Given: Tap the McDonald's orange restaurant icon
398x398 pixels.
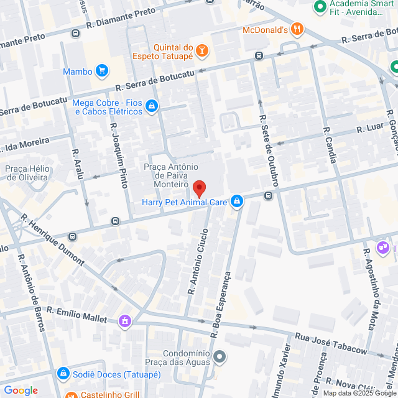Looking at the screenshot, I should click(x=298, y=29).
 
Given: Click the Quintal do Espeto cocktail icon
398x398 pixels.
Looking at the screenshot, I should click(x=202, y=51).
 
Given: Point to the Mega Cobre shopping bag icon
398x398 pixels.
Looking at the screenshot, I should click(x=150, y=108).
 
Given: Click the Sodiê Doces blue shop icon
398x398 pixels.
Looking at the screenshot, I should click(x=63, y=374).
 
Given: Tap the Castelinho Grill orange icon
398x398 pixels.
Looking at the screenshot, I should click(x=72, y=395).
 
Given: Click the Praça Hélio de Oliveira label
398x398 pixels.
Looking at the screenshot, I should click(x=27, y=172).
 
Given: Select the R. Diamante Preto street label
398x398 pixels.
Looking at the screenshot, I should click(x=122, y=17).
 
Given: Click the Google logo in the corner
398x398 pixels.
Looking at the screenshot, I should click(x=21, y=390).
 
